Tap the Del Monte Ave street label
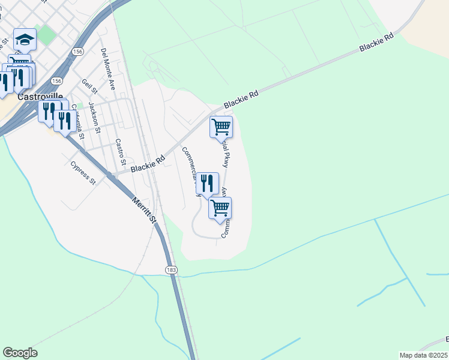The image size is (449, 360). pyautogui.click(x=108, y=69)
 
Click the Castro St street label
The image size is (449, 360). pyautogui.click(x=120, y=152)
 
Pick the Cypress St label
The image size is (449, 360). pyautogui.click(x=83, y=172)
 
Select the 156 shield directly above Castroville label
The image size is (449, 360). pyautogui.click(x=56, y=80)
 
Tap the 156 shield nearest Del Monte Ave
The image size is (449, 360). pyautogui.click(x=77, y=52)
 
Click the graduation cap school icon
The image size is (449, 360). pyautogui.click(x=25, y=40)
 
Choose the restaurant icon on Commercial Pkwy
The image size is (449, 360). pyautogui.click(x=207, y=184)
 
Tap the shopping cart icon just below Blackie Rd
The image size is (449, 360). pyautogui.click(x=221, y=127)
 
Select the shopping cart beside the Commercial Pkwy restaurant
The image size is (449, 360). pyautogui.click(x=220, y=208)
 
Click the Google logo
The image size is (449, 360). pyautogui.click(x=20, y=353)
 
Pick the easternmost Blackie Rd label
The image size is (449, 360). pyautogui.click(x=376, y=41)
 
